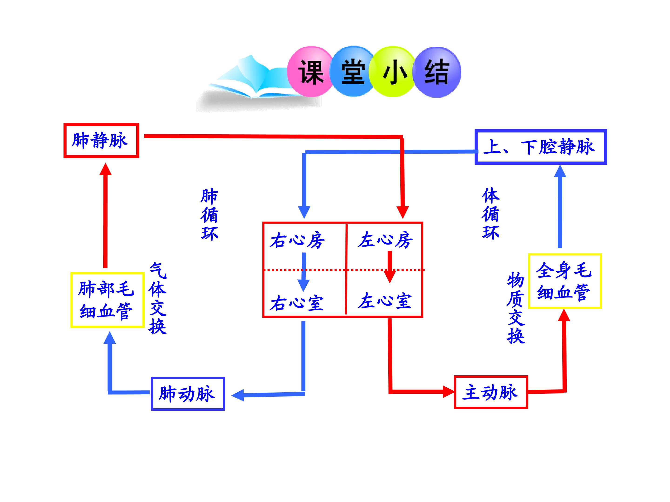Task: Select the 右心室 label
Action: pos(297,303)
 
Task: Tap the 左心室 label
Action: pos(385,301)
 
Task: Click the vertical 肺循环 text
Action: pos(209,215)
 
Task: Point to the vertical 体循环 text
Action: pos(491,214)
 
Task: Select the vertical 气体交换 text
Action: pos(157,298)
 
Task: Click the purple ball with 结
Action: pos(437,72)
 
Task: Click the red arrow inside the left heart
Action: pos(390,267)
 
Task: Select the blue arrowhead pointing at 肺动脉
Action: pos(238,395)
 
